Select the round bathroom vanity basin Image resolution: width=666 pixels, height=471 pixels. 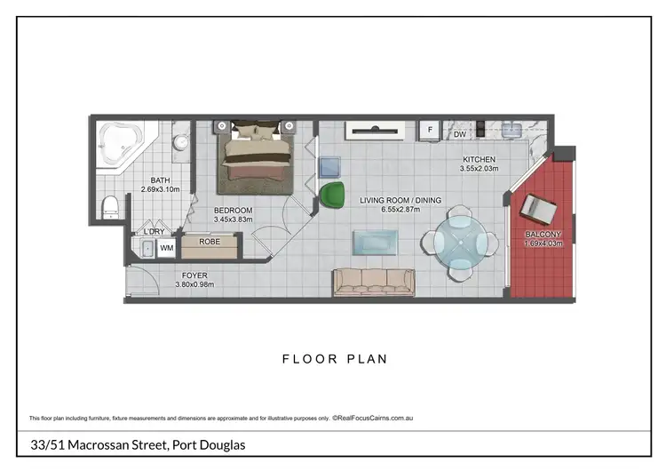click(x=180, y=142)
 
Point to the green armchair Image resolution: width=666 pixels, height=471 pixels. click(x=332, y=195)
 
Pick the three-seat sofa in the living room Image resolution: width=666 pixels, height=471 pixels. click(x=373, y=282)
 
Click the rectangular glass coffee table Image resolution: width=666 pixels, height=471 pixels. click(x=377, y=242)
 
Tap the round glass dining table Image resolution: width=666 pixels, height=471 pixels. click(x=461, y=242)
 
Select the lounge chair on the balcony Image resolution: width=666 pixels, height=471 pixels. click(x=538, y=210)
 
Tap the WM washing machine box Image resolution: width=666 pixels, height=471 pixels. click(x=166, y=249)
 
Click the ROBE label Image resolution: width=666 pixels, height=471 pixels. click(x=210, y=241)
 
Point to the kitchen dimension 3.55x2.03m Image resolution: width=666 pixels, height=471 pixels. click(x=480, y=168)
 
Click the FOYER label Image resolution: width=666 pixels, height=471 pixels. click(x=194, y=275)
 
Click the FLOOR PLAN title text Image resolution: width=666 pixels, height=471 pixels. click(x=335, y=359)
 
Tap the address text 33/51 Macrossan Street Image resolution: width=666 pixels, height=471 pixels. click(x=133, y=444)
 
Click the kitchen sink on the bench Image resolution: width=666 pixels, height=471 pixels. click(x=512, y=131)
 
